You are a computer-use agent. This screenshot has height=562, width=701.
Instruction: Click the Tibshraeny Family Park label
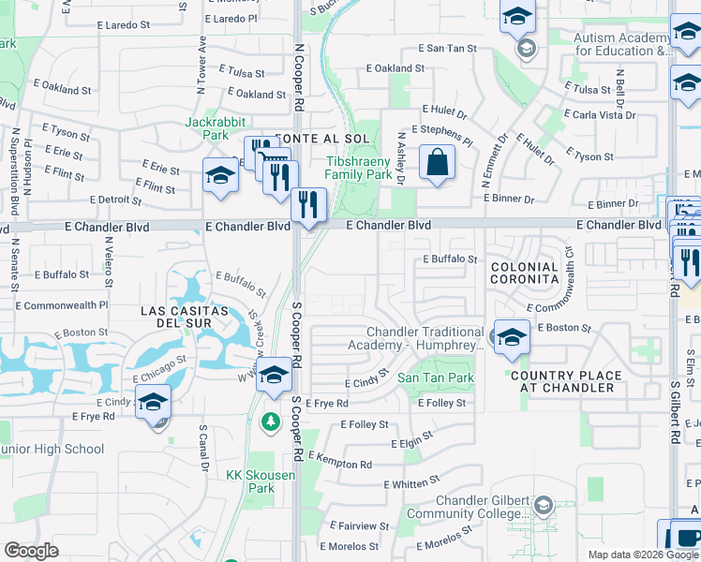359,168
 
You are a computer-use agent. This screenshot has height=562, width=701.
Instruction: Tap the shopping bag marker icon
437,163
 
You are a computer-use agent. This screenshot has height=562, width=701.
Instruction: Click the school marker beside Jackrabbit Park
221,176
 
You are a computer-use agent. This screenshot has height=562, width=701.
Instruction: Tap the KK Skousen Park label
261,481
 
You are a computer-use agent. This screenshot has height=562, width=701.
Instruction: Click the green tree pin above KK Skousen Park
272,422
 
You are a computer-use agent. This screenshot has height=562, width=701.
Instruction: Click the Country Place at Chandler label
566,382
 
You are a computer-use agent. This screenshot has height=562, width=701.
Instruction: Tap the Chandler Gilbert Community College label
468,508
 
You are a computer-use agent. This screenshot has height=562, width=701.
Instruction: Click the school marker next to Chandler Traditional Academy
512,338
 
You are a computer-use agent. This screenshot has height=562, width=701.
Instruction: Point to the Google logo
31,551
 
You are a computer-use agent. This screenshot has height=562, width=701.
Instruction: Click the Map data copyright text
643,555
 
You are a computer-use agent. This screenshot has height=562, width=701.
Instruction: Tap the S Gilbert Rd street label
675,411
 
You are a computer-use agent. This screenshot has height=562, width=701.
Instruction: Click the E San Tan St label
447,48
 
